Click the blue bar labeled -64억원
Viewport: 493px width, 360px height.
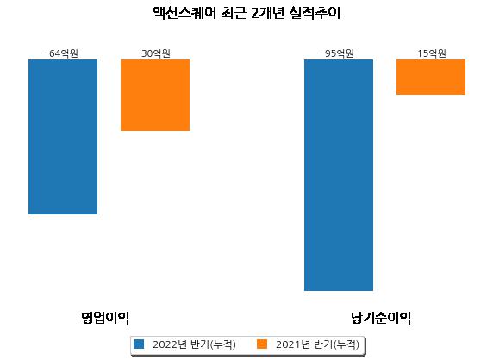tap(63, 137)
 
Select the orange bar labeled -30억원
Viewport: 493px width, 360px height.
tap(155, 96)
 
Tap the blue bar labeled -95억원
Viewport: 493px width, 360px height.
tap(339, 176)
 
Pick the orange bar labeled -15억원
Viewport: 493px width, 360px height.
tap(431, 77)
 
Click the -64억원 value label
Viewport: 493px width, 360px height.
tap(62, 53)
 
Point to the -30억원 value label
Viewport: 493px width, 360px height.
tap(154, 53)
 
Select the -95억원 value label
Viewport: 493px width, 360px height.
tap(339, 53)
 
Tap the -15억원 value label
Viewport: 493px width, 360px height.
tap(430, 53)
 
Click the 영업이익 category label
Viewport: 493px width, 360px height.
tap(105, 318)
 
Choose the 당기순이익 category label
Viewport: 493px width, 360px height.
tap(381, 318)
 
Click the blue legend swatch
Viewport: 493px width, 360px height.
tap(139, 344)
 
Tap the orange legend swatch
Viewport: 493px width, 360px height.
tap(262, 344)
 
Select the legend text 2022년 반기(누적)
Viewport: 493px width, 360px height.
tap(194, 344)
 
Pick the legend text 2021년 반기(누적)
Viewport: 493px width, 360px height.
tap(317, 344)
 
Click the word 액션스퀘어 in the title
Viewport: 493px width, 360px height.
tap(184, 13)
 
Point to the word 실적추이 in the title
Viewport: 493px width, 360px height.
tap(315, 13)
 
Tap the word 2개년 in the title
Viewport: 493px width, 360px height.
tap(268, 13)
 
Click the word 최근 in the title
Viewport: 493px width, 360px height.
tap(233, 13)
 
